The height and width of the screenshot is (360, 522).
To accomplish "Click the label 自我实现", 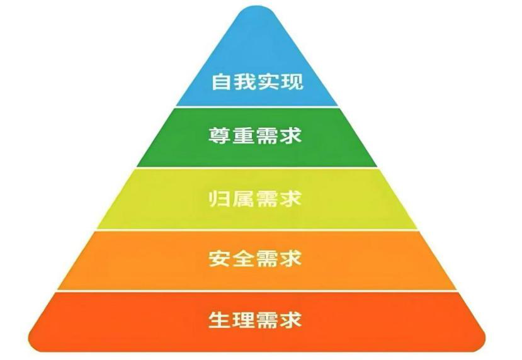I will click(256, 82).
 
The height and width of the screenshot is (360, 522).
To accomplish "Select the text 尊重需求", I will click(256, 137).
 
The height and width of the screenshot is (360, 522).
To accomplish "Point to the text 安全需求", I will click(256, 259).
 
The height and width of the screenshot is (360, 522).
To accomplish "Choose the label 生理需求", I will click(256, 320).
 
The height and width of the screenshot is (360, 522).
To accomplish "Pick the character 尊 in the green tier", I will click(219, 137).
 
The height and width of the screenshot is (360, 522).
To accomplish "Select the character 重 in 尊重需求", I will click(244, 137).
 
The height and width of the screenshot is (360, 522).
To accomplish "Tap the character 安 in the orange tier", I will click(219, 259).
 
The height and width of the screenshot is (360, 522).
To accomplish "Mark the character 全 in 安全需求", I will click(244, 259).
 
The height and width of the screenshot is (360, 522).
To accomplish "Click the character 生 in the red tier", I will click(219, 320).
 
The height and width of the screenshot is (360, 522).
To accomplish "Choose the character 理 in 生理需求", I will click(244, 320).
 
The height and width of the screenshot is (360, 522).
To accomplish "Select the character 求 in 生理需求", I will click(292, 320).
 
